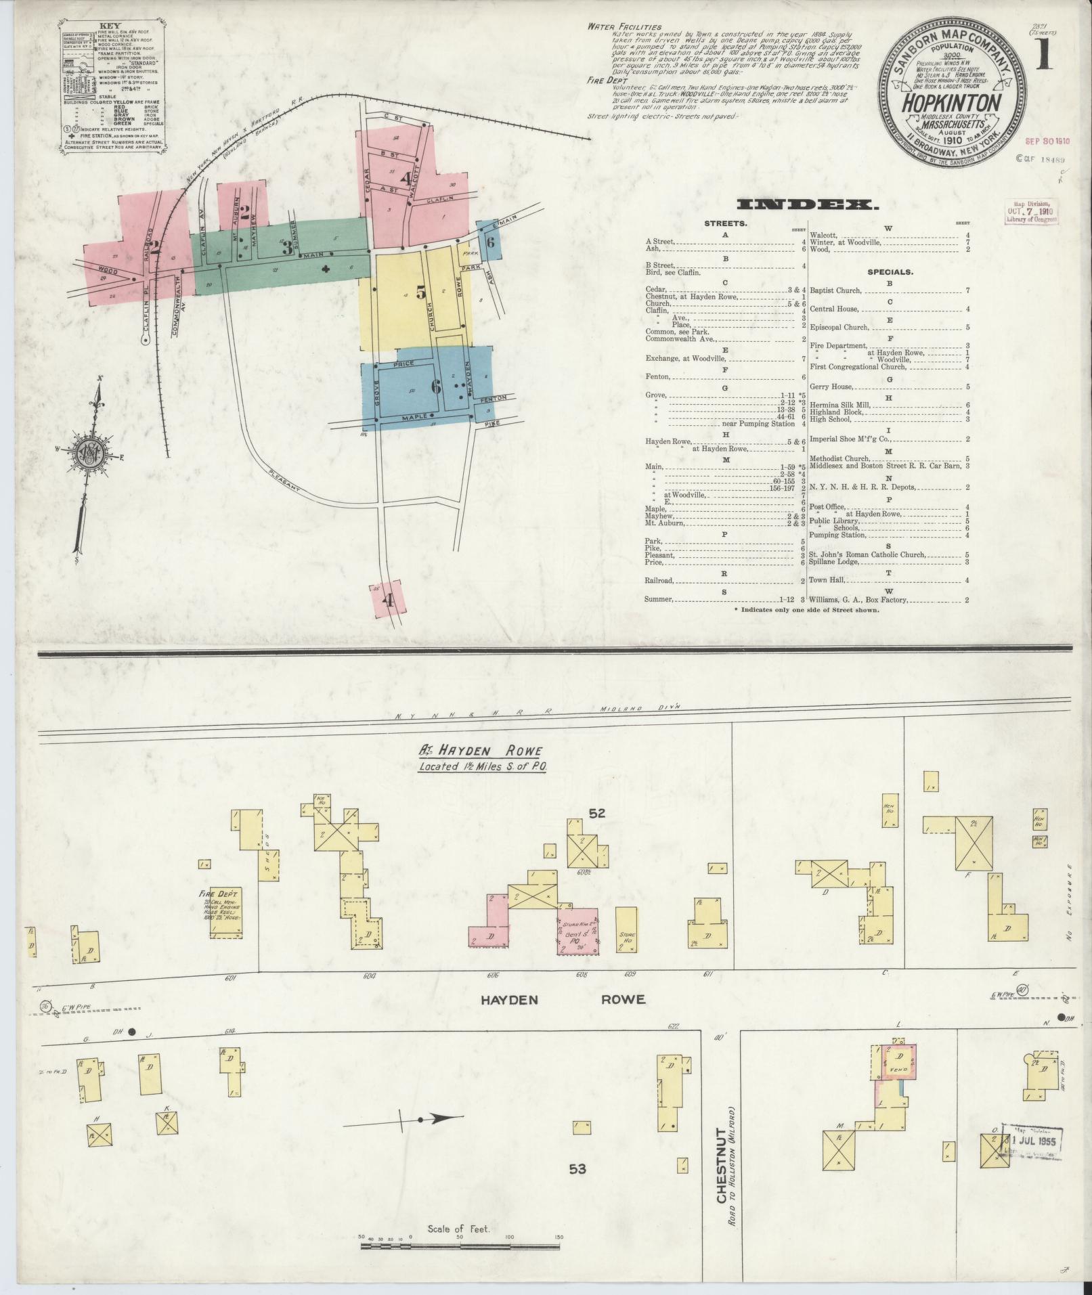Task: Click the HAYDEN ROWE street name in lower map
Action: [564, 999]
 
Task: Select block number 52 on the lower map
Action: [596, 814]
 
